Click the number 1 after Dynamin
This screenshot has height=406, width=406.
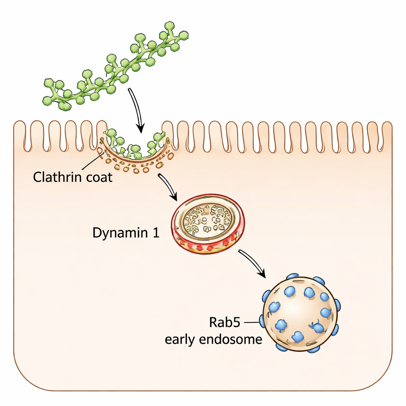coord(155,233)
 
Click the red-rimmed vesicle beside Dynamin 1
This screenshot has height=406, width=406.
coord(208,224)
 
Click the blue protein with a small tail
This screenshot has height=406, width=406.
coord(317,327)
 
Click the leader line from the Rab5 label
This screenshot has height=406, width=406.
coord(252,323)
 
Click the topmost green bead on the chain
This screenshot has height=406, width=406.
coord(170,26)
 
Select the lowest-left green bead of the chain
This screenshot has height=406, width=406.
coord(48,100)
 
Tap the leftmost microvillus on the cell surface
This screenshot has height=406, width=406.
coord(19,135)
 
